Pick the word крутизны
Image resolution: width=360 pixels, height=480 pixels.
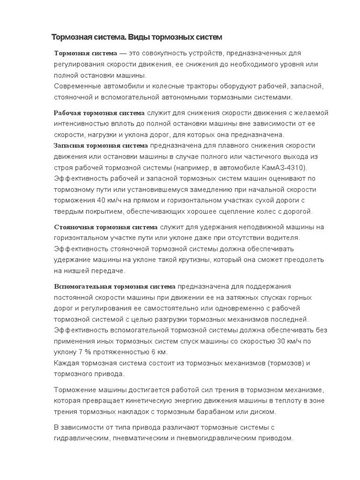click(x=185, y=260)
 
